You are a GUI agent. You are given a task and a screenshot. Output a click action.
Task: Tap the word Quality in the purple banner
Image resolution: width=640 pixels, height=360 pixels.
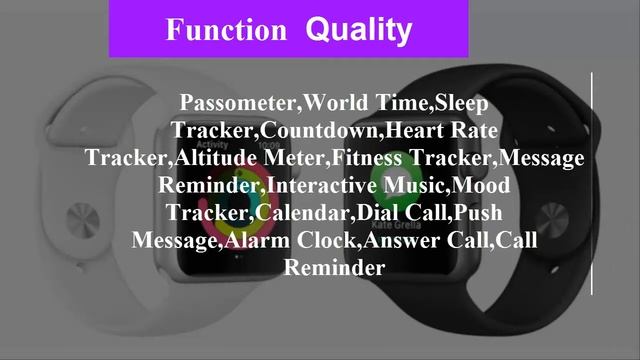358,30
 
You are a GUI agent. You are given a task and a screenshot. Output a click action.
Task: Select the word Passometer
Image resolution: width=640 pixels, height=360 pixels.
239,102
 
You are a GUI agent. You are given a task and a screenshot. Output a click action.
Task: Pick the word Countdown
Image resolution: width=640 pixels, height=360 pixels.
302,130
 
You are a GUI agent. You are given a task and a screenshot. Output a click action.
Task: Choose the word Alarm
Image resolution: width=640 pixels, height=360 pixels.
251,241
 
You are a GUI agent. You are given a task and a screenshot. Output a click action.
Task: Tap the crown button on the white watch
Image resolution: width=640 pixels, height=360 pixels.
75,219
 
